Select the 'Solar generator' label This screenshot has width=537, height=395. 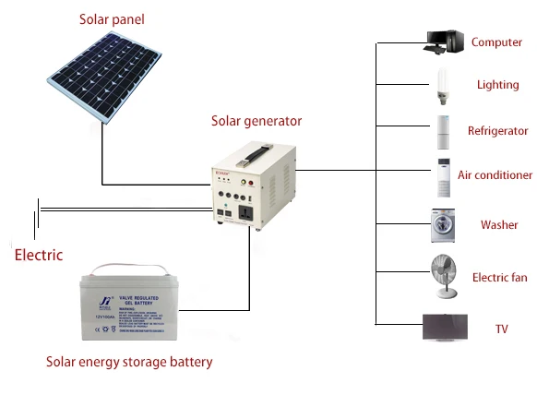(257, 120)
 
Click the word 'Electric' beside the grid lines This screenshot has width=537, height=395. (39, 255)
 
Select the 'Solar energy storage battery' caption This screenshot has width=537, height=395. (129, 362)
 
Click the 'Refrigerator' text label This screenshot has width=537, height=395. (497, 131)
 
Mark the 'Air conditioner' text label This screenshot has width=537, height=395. (495, 175)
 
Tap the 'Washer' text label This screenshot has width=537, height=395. (499, 225)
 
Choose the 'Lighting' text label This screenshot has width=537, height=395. (497, 85)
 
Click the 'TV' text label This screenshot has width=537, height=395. (502, 329)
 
